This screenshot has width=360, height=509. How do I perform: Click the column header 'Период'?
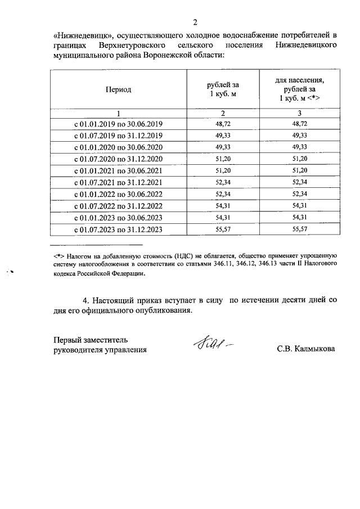point(118,89)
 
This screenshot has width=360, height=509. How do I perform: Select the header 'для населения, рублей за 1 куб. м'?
point(299,89)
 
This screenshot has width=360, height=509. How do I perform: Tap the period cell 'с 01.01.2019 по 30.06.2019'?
point(118,124)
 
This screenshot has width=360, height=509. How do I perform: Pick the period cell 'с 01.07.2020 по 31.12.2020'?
point(118,159)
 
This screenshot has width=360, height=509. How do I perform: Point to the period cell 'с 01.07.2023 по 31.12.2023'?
point(118,229)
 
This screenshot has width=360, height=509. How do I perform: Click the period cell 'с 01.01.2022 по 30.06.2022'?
point(118,194)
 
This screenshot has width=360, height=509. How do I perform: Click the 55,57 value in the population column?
point(299,229)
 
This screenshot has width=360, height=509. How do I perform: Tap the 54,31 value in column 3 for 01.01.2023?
point(299,217)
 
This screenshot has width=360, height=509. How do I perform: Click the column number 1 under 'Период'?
point(118,112)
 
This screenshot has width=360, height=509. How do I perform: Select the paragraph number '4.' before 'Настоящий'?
point(85,300)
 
